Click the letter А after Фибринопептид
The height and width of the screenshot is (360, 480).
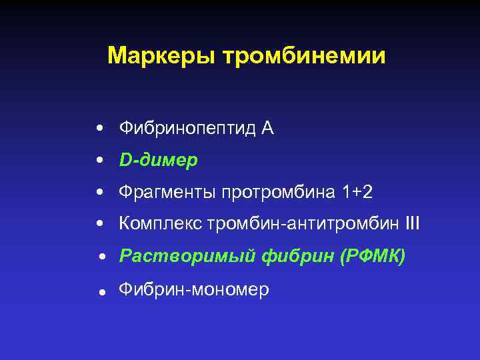pos(267,128)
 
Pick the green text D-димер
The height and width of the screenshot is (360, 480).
pos(158,161)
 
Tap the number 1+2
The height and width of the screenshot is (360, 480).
pos(357,192)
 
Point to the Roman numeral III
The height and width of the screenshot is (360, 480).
pos(412,223)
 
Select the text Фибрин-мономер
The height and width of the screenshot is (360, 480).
pos(193,289)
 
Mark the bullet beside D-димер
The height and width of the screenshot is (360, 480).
pos(99,161)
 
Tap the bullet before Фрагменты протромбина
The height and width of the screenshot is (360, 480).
pos(99,193)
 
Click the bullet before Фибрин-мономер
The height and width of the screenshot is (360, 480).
pos(99,291)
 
